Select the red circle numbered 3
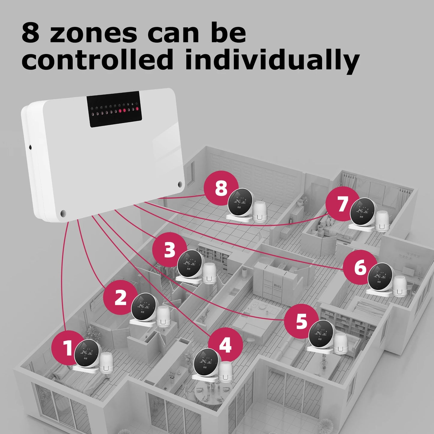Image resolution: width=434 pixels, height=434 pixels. point(169,250)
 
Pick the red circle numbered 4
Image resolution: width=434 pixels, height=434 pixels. point(225,344)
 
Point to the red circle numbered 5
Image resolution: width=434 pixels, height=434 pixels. point(301,321)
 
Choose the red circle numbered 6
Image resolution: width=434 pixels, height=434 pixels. point(360,267)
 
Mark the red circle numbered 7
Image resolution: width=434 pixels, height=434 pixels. point(343,204)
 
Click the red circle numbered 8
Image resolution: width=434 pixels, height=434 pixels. point(221,188)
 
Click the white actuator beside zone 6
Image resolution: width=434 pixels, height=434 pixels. point(400,285)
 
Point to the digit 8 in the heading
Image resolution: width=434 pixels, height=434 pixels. point(31,33)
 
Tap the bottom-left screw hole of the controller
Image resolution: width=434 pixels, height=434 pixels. point(63,213)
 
